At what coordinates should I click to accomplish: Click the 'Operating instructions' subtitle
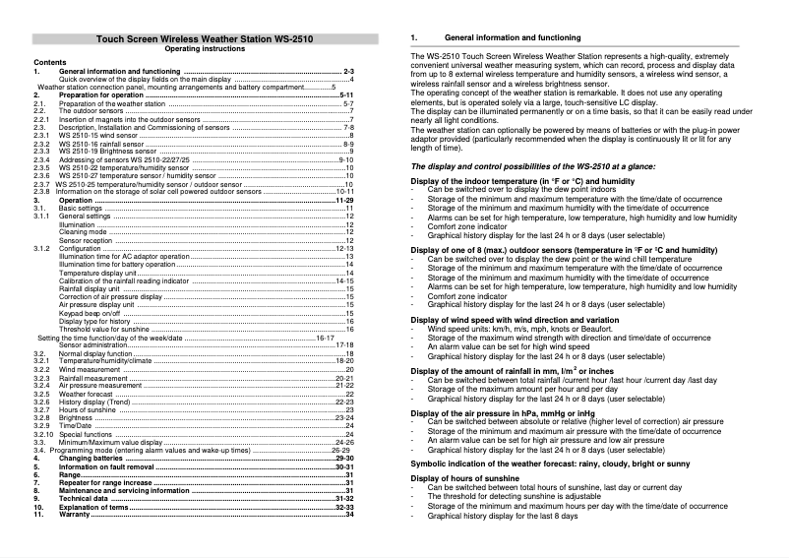coord(198,48)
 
